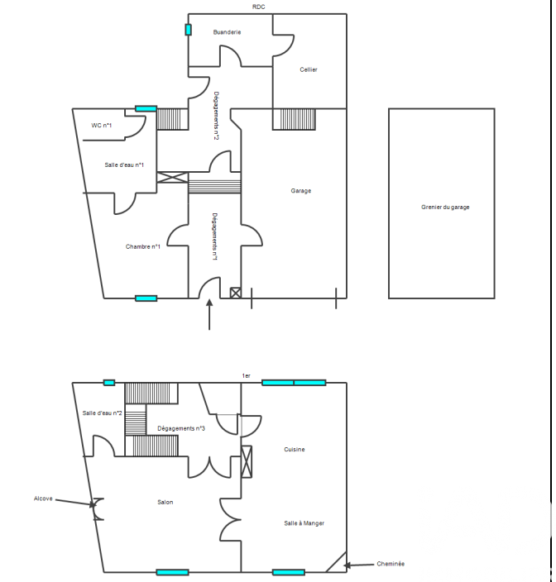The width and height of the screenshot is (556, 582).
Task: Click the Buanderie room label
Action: (227, 32)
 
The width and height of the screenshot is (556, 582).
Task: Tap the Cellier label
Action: (309, 69)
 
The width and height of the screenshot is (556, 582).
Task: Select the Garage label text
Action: (301, 191)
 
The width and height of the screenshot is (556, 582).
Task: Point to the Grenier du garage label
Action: (445, 208)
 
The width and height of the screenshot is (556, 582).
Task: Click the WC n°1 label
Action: (102, 126)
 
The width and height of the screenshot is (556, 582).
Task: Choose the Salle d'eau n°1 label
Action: (124, 165)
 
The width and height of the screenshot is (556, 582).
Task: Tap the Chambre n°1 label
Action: (143, 246)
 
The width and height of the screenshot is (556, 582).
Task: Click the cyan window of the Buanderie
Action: (189, 30)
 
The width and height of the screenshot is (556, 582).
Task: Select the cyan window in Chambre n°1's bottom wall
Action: (146, 298)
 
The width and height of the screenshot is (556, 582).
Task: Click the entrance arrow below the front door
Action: (209, 314)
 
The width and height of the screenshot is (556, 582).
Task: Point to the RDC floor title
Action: (258, 7)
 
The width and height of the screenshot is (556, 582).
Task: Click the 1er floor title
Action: (247, 376)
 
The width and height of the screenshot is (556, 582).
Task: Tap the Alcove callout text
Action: (43, 499)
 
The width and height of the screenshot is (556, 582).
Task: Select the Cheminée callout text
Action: (391, 564)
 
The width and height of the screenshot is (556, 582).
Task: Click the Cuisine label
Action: (295, 450)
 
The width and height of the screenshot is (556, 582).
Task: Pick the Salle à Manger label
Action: (304, 523)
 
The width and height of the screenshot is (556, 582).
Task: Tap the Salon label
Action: (165, 502)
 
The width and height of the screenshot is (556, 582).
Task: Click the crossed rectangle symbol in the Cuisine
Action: (247, 462)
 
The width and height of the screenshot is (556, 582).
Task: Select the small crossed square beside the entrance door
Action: (236, 293)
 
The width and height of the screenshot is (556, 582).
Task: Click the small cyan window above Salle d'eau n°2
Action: (109, 383)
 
